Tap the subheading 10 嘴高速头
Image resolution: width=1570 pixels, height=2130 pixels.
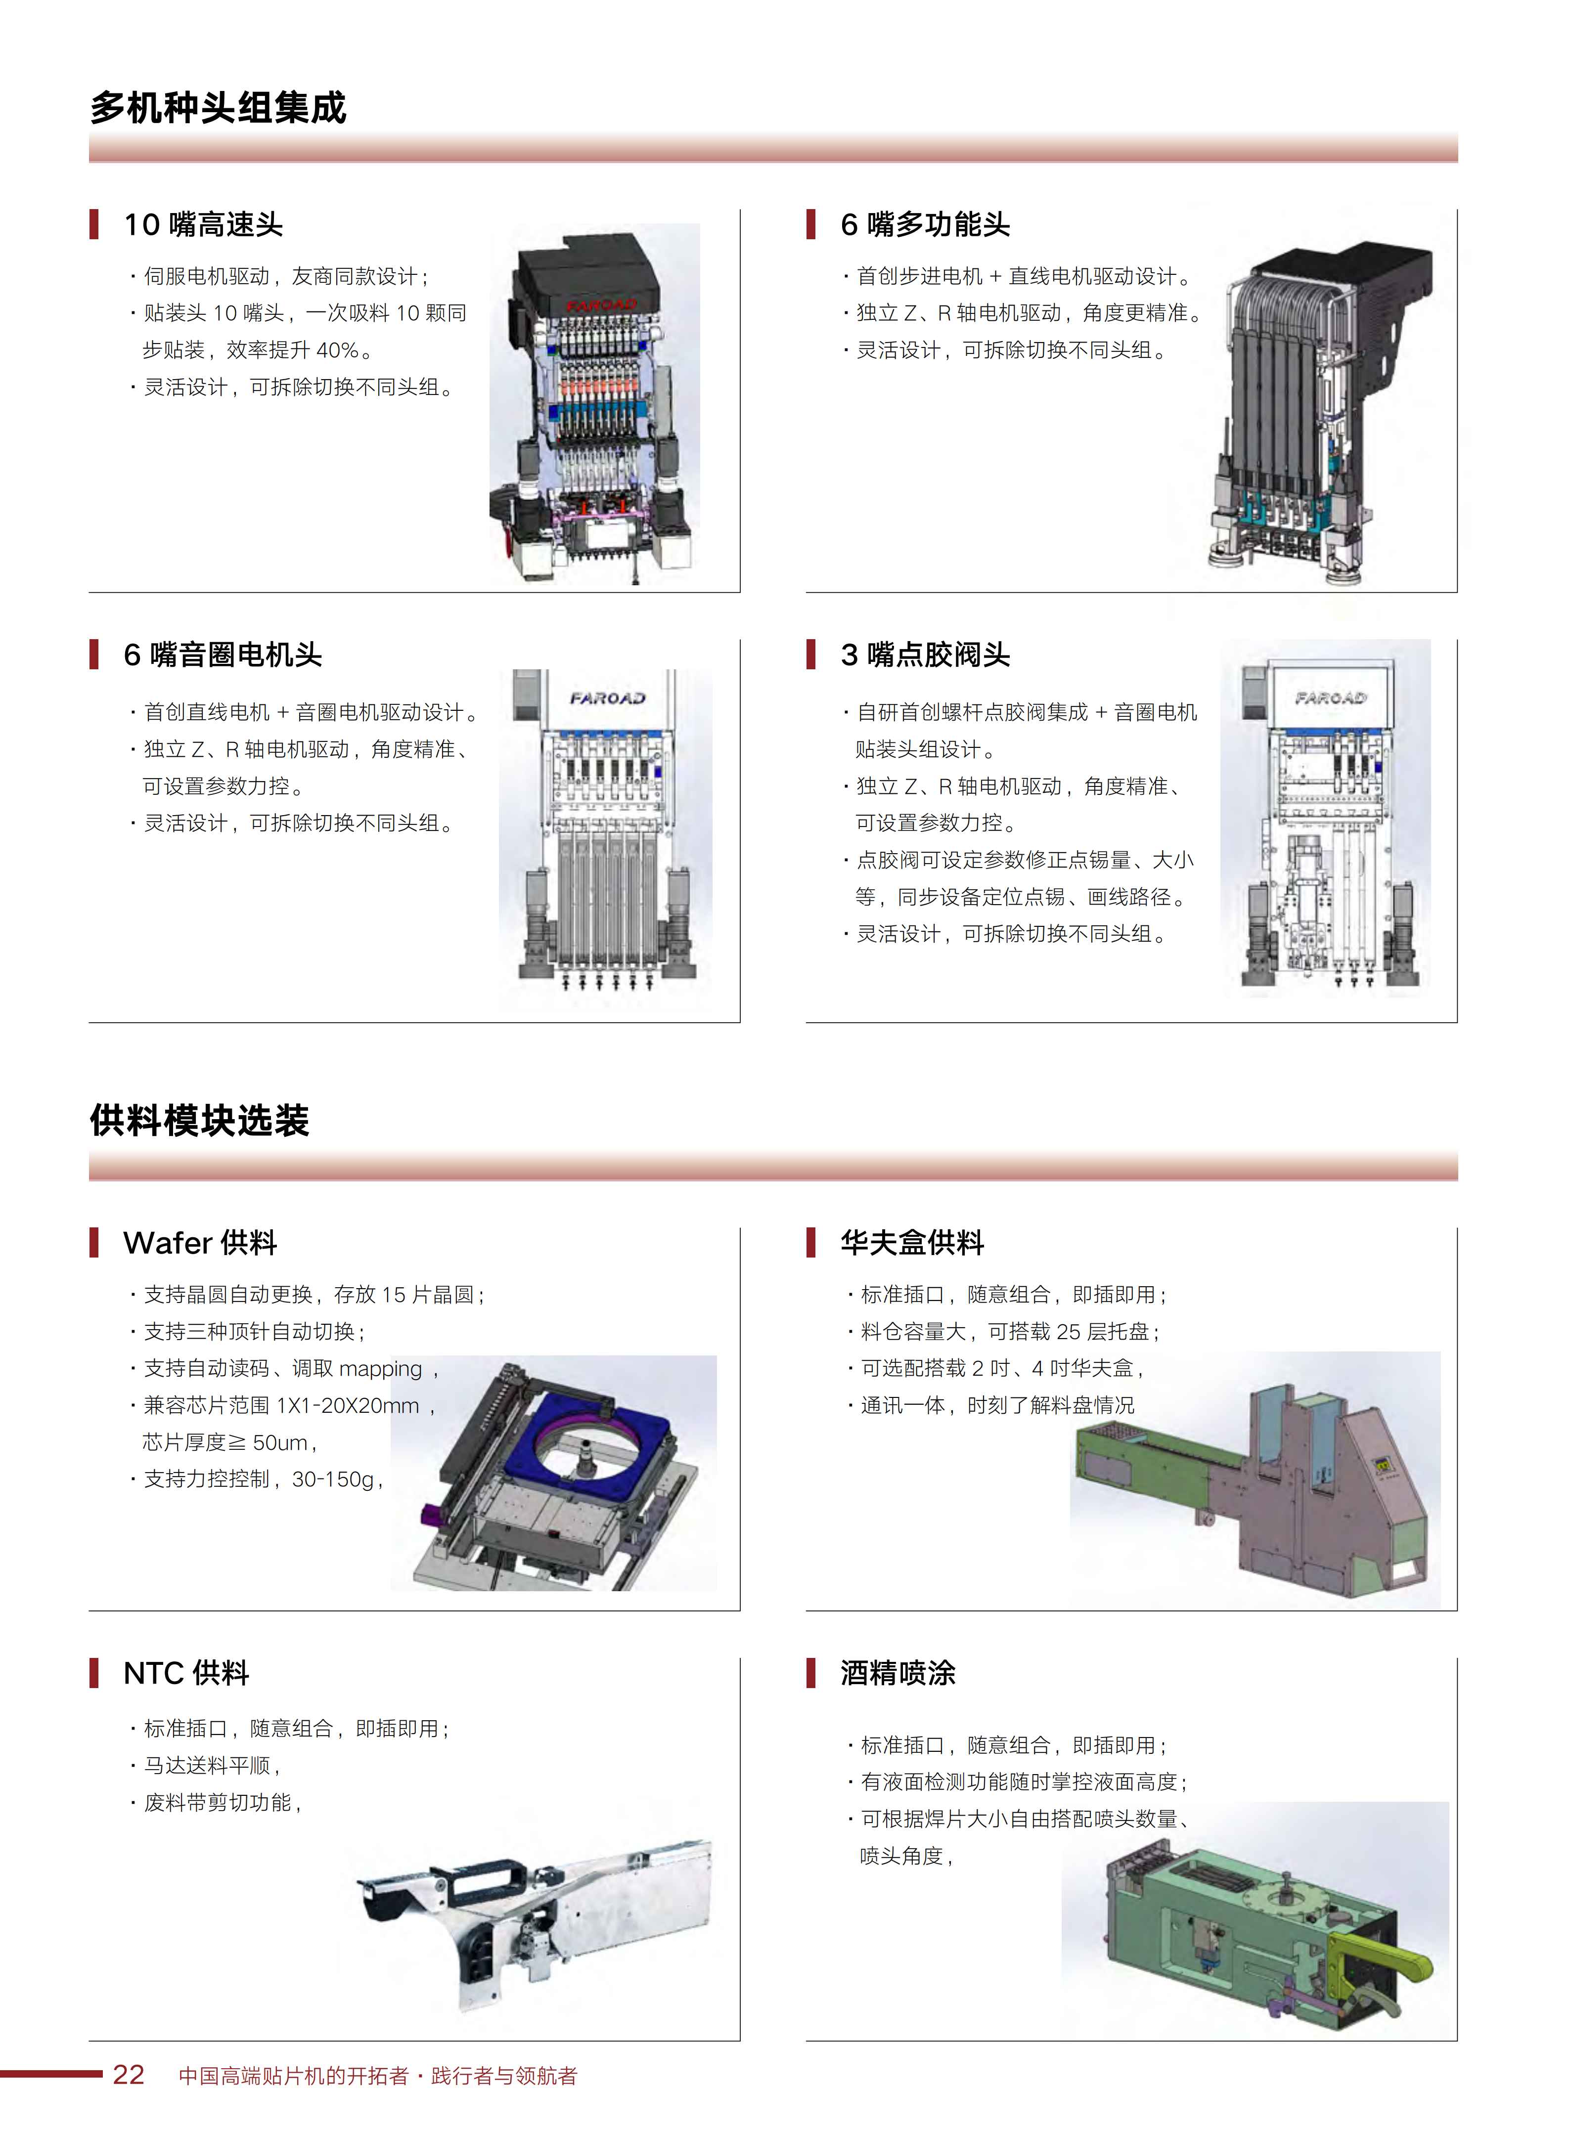click(203, 225)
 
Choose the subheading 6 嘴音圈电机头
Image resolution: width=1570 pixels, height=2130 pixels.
click(223, 654)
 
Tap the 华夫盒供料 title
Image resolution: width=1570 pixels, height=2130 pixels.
click(911, 1243)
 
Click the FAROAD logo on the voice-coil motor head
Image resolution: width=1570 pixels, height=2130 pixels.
click(607, 698)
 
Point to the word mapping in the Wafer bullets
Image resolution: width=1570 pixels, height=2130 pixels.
click(380, 1369)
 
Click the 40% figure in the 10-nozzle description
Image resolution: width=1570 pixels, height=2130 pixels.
click(337, 350)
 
